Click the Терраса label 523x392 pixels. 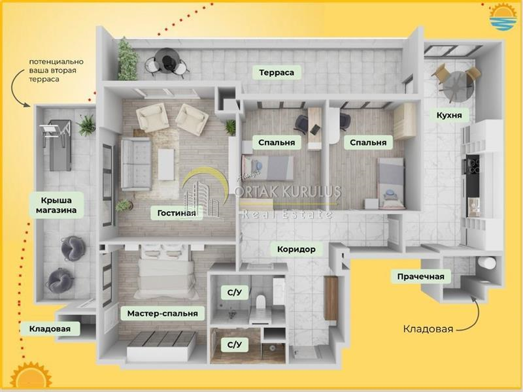[277, 73]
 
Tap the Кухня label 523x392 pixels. [449, 116]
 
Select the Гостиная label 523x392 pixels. [177, 213]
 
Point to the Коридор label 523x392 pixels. [296, 249]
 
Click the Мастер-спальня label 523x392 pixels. [162, 314]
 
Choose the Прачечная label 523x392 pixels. [420, 276]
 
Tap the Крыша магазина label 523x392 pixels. [56, 205]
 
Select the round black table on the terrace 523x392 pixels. [167, 60]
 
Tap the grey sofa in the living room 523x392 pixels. [136, 164]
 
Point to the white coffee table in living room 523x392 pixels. [166, 165]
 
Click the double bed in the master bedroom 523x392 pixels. [165, 272]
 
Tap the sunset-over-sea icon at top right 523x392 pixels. [502, 17]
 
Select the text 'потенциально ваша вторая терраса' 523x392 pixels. [56, 71]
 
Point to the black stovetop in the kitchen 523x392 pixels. [473, 167]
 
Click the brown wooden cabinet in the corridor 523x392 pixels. [331, 299]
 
